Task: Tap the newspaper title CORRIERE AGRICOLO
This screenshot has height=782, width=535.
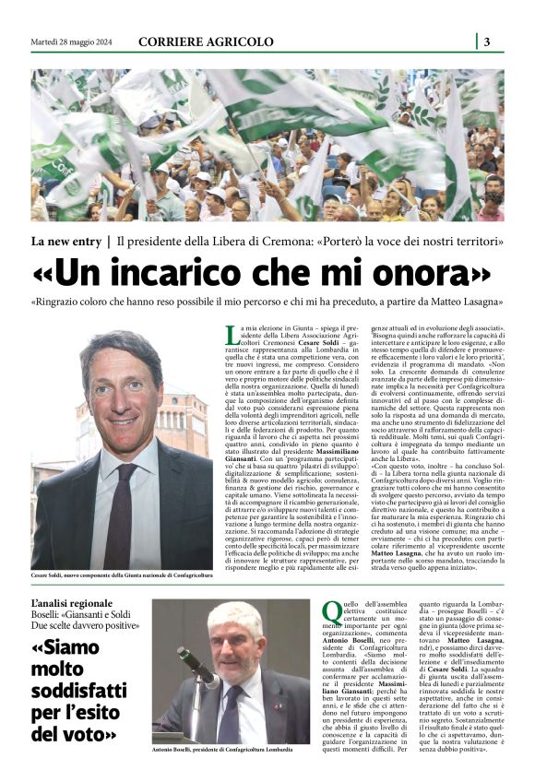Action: (x=206, y=41)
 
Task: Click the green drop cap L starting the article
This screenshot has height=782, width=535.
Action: (x=232, y=336)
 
